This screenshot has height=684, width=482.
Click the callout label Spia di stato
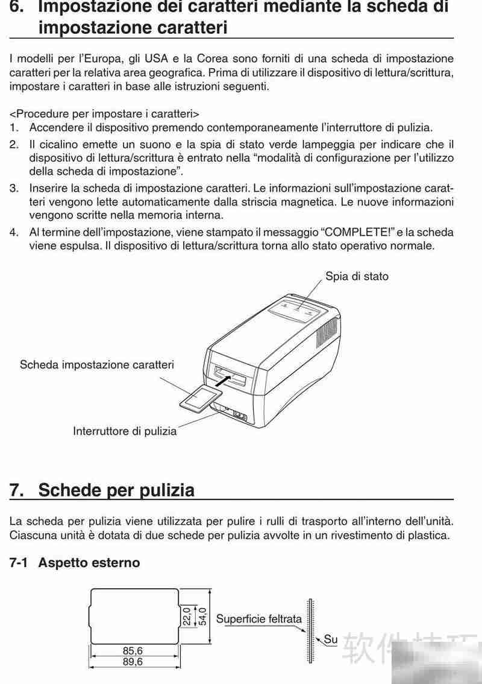click(x=357, y=276)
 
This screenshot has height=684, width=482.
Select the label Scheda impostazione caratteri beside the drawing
click(x=97, y=364)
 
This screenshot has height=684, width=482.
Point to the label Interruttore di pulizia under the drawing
click(x=125, y=431)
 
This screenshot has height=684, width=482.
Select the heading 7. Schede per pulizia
click(x=102, y=490)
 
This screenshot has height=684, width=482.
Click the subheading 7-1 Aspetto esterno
click(x=75, y=562)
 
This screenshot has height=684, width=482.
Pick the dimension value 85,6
click(x=136, y=651)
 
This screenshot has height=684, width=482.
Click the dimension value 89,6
click(x=136, y=662)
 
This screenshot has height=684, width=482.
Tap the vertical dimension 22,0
click(x=187, y=616)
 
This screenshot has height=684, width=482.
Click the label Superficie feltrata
click(x=258, y=619)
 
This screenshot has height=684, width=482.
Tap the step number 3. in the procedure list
click(x=14, y=188)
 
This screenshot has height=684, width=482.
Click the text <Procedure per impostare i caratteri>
click(x=104, y=113)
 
